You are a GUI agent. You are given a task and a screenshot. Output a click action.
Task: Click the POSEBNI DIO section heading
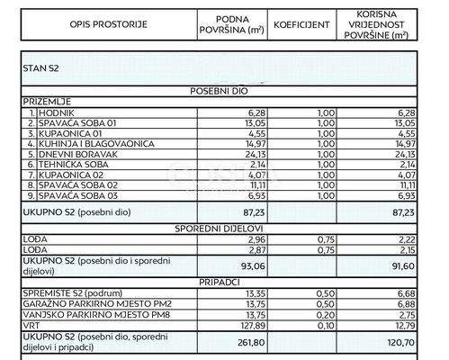pyautogui.click(x=219, y=92)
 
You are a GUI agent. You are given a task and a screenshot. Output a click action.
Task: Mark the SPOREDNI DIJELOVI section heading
pyautogui.click(x=219, y=229)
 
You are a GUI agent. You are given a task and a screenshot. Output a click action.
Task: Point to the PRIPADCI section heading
pyautogui.click(x=219, y=282)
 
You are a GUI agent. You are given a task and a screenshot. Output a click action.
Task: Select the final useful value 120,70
pyautogui.click(x=388, y=343)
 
